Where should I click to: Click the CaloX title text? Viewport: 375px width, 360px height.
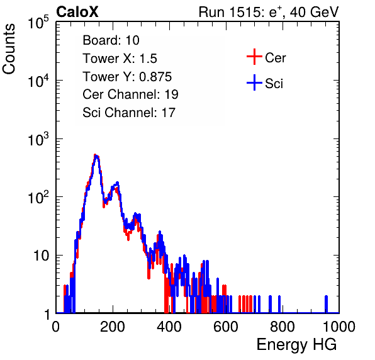77,11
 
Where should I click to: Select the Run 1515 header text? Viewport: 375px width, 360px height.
269,12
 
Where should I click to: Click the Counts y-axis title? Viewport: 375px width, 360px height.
9,49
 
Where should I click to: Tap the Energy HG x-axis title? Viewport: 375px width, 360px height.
296,345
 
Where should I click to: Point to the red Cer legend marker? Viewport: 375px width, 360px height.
254,57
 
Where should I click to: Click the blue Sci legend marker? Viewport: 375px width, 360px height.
254,82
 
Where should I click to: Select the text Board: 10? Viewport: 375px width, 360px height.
111,40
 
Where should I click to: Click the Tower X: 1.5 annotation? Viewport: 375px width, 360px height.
120,59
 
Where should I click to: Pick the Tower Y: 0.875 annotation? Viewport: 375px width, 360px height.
127,77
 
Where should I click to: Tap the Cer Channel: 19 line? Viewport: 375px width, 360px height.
131,94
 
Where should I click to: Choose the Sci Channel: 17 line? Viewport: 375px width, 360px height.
129,113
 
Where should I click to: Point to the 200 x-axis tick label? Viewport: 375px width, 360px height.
113,327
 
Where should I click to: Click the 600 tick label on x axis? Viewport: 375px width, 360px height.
226,327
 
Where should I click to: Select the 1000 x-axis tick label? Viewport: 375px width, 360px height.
339,327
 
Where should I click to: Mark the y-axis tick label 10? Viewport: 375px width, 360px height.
42,256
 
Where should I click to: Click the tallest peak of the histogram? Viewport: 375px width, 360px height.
96,155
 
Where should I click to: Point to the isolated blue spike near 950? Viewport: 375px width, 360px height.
326,304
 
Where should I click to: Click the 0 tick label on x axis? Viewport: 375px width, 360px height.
56,327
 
